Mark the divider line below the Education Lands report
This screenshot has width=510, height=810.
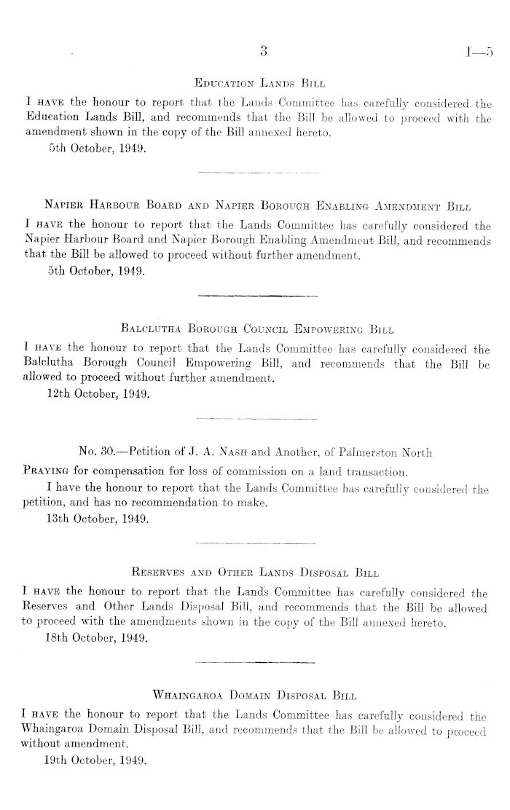[x=258, y=173]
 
